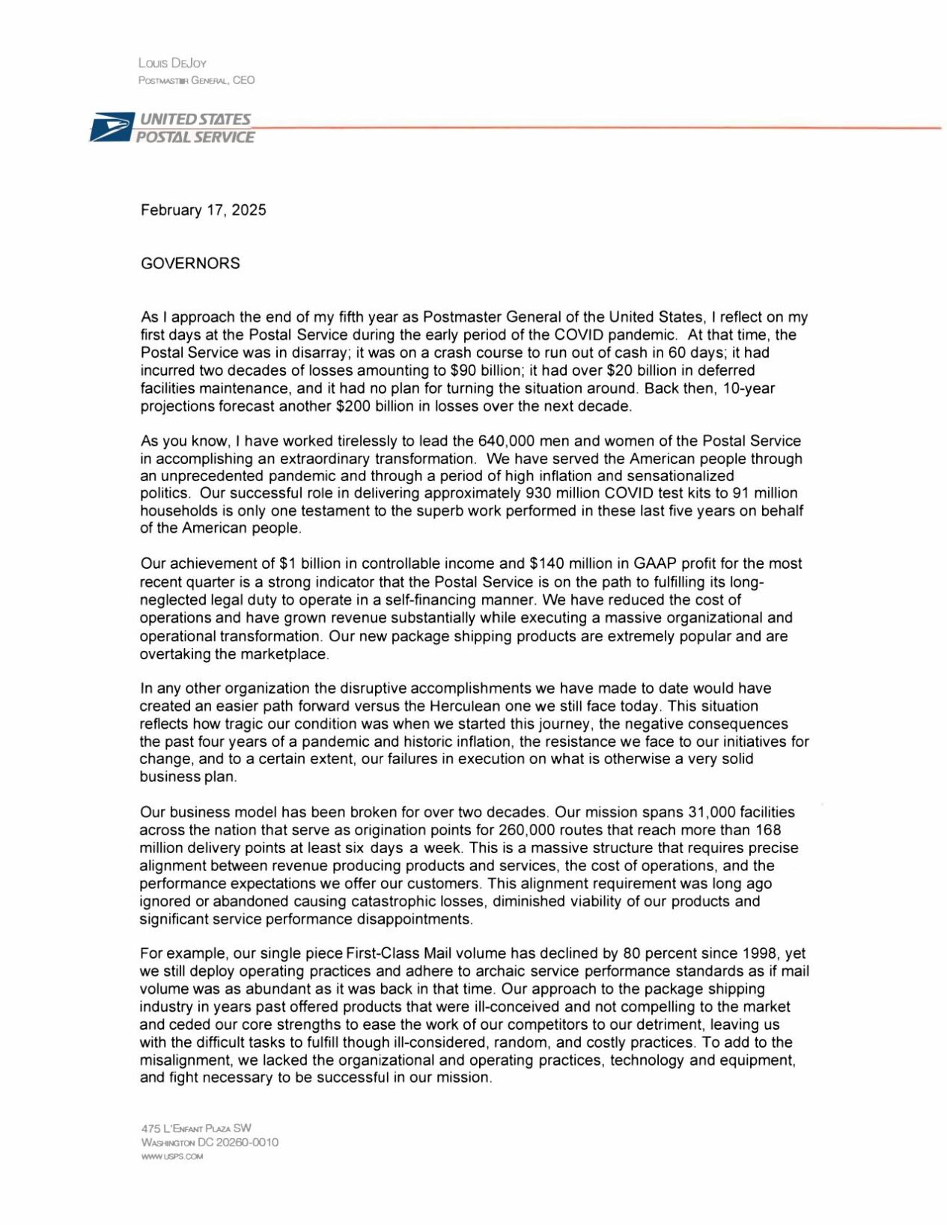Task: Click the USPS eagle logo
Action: [111, 128]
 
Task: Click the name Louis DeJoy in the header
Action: [172, 64]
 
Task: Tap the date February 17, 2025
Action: [203, 210]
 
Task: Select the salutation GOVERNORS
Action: [190, 263]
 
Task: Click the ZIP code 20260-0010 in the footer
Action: [247, 1143]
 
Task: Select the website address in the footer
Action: [172, 1157]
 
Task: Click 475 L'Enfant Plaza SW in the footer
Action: [196, 1128]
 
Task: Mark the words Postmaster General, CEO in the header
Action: [196, 80]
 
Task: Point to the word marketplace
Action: [283, 654]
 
